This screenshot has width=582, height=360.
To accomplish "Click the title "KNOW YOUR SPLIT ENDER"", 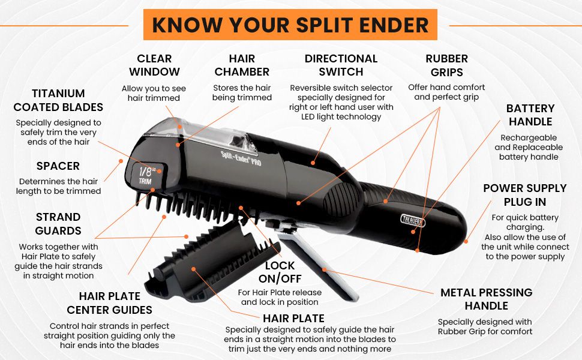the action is (290, 25).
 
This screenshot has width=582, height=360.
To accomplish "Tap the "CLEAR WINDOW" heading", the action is (154, 65).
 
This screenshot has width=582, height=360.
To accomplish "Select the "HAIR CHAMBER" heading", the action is (242, 65).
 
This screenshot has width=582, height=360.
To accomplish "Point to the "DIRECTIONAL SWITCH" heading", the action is (341, 65).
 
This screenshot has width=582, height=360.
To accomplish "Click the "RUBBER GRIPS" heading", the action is (447, 65).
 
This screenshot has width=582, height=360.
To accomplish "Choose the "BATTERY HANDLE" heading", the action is (530, 115).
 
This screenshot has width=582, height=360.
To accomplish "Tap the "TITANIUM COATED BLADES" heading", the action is (58, 100).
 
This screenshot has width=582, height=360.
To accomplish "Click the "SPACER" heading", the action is (58, 166).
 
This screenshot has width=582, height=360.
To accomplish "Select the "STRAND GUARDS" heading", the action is (58, 224).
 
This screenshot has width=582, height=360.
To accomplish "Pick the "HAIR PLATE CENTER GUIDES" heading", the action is (109, 303).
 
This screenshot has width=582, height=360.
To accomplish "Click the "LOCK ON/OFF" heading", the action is (280, 272).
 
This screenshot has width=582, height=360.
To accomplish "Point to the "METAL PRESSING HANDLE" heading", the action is (486, 299).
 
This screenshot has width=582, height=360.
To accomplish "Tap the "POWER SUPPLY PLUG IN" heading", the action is (525, 195).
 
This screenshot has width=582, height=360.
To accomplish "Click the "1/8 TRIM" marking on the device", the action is (147, 176).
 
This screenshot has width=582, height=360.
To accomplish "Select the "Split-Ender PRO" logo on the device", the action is (241, 159).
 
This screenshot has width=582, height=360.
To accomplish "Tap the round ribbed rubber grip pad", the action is (341, 200).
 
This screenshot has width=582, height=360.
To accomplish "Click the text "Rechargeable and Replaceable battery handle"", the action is (529, 148).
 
